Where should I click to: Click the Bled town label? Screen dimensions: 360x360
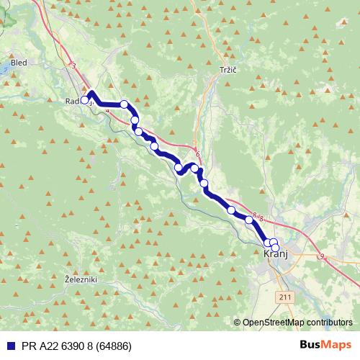[x=19, y=63]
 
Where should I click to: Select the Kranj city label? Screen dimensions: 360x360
[x=276, y=255]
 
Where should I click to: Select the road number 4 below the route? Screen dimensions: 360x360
[x=107, y=111]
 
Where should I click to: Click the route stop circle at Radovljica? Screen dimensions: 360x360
[x=85, y=100]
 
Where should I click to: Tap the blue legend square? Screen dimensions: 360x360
[x=7, y=345]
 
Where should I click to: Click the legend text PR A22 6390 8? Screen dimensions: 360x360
[x=56, y=345]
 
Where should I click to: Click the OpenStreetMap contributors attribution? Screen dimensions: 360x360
[x=296, y=322]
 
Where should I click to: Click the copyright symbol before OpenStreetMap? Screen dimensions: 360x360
[x=238, y=322]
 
